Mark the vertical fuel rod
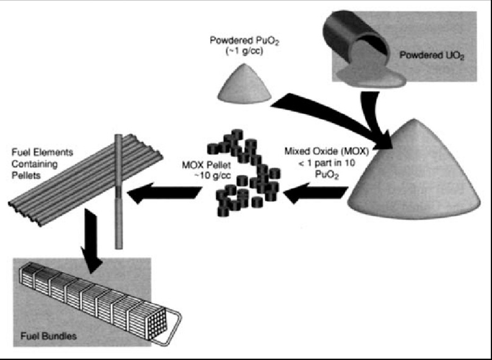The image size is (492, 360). click(x=119, y=195)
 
